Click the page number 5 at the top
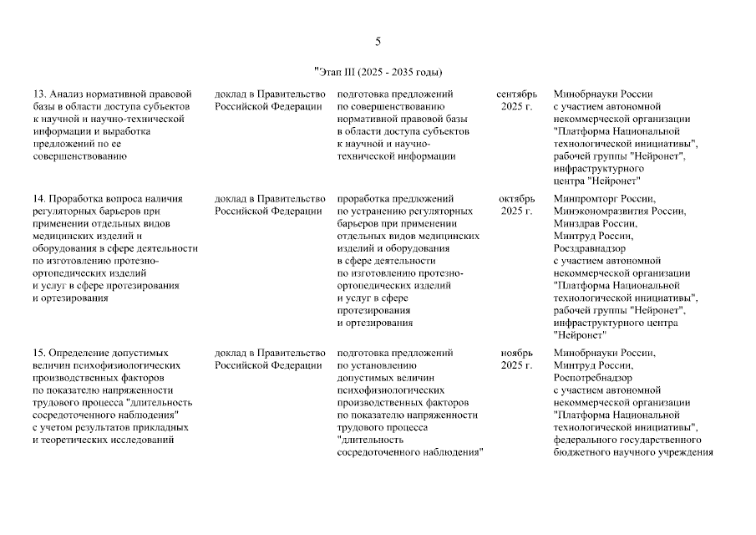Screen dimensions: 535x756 click(378, 42)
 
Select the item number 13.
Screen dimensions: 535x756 click(38, 94)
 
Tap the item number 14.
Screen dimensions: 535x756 click(38, 198)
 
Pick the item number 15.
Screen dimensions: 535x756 click(38, 353)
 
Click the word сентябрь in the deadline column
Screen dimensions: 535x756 click(516, 94)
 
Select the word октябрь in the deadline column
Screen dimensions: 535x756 click(516, 198)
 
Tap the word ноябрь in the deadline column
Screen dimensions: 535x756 click(516, 353)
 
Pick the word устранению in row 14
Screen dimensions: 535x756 click(376, 211)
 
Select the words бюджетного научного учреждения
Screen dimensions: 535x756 click(632, 453)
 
